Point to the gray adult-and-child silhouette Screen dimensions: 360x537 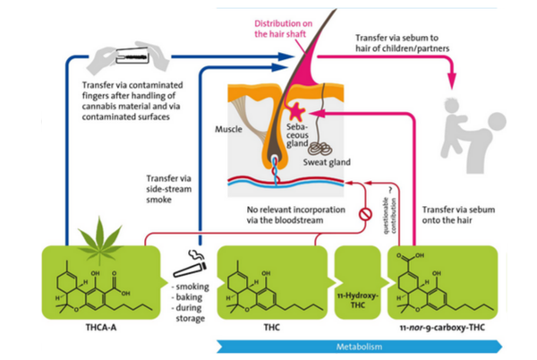pos(471,124)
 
